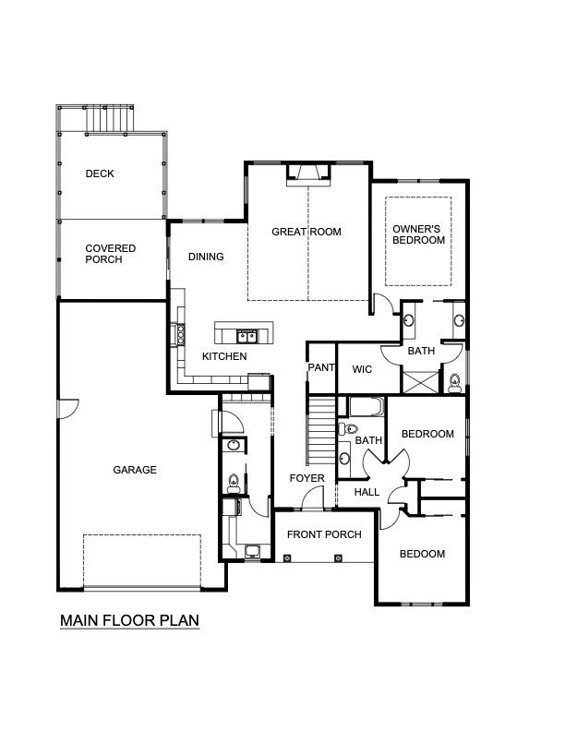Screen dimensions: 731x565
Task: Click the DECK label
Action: [x=100, y=174]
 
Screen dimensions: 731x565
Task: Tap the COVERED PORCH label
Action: [x=110, y=254]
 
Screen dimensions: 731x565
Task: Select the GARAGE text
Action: [x=135, y=470]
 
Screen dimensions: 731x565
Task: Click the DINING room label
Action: [x=206, y=257]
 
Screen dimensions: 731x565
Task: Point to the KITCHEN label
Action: [x=224, y=356]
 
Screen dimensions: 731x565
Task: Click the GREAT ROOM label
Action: [x=306, y=232]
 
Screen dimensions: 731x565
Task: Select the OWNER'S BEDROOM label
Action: [x=418, y=234]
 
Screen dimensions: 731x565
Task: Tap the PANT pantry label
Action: [x=321, y=367]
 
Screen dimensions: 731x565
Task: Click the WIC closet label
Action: [x=362, y=369]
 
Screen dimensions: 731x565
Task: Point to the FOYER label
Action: [x=307, y=478]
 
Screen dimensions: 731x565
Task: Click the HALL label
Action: [x=367, y=493]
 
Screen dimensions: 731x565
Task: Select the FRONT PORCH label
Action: [x=324, y=534]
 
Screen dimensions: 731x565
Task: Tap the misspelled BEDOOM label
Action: [x=422, y=554]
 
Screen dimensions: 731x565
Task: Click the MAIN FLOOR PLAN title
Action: [x=129, y=620]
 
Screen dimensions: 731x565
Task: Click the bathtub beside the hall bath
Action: [x=367, y=407]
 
